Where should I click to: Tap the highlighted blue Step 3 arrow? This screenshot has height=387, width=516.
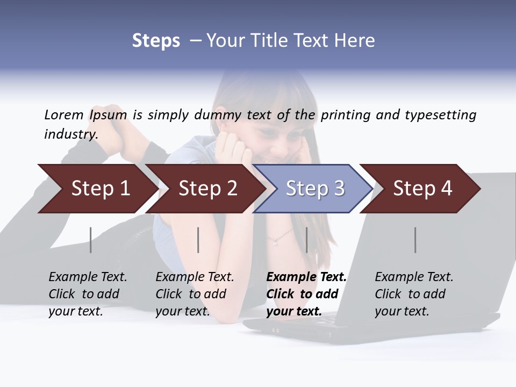coord(314,189)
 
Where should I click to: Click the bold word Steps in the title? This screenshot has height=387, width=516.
coord(156,41)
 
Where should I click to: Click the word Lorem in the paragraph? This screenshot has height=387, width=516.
coord(64,114)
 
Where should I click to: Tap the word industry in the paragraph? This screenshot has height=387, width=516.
coord(71,134)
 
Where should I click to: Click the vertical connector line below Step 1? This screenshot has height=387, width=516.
coord(90,240)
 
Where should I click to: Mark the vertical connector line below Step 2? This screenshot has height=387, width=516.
coord(198,240)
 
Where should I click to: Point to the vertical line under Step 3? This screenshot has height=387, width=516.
coord(306,240)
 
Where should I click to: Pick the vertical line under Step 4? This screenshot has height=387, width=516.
coord(415,240)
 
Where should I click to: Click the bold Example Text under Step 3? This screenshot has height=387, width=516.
coord(306,277)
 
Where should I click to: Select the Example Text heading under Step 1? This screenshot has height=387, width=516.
coord(88,277)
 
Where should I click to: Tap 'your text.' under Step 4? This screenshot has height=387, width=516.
coord(402,311)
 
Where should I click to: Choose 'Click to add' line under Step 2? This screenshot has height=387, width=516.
coord(191,294)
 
